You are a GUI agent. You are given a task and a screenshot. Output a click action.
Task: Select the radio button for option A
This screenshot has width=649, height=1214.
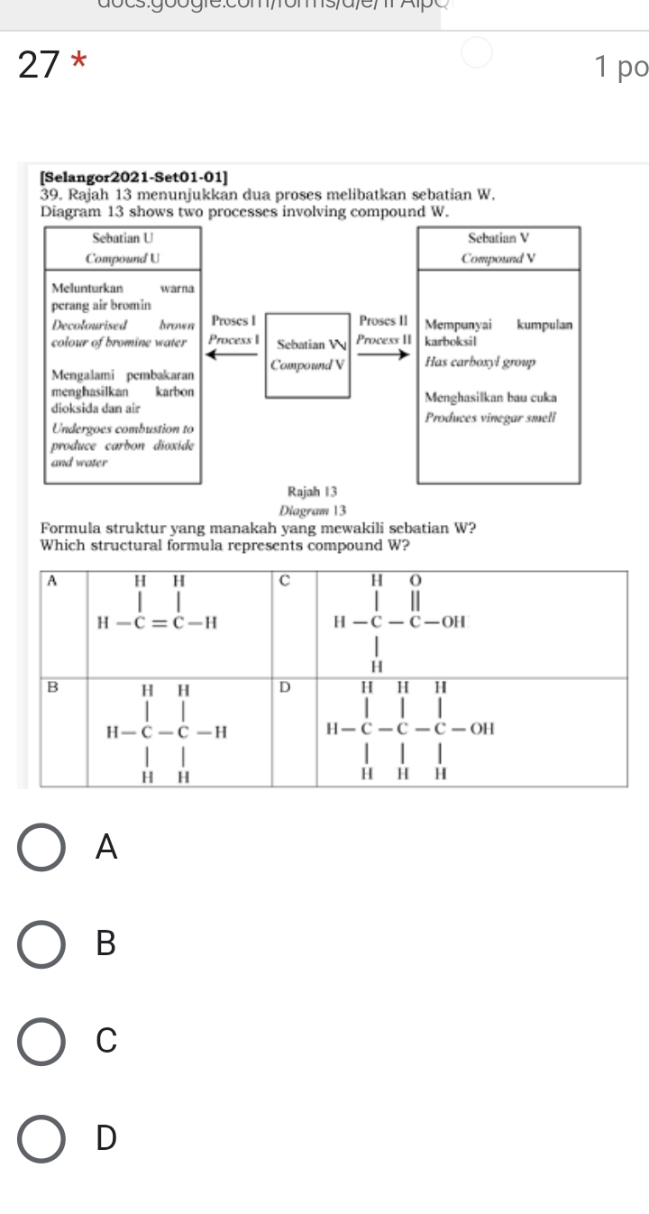click(x=41, y=847)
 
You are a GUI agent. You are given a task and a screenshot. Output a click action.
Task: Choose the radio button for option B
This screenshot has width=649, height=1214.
click(x=41, y=943)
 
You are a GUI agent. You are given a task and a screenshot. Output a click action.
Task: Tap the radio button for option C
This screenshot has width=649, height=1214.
click(x=41, y=1040)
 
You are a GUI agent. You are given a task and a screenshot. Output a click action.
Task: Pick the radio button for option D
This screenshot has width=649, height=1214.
click(x=41, y=1138)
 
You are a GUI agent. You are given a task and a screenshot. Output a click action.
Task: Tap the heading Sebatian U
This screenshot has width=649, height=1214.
click(x=123, y=239)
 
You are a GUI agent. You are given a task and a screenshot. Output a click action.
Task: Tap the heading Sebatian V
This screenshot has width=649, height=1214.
click(x=498, y=239)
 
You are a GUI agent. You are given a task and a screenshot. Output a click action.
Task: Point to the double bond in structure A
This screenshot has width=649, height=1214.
click(x=159, y=621)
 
